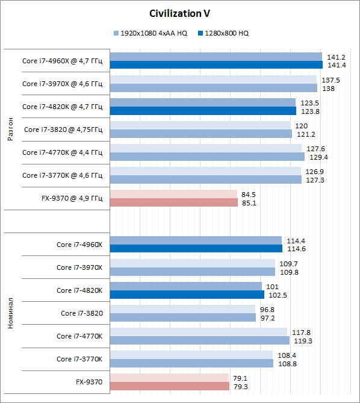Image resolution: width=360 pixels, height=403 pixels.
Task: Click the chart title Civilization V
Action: (x=179, y=13)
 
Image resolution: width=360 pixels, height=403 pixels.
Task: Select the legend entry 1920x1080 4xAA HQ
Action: (x=151, y=33)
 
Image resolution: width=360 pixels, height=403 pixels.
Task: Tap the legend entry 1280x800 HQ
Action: (x=223, y=33)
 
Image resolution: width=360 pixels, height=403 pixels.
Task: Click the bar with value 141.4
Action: (x=216, y=65)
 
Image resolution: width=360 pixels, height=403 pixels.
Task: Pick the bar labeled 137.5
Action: (x=213, y=80)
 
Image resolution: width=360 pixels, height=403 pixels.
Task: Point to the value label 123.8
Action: (x=310, y=111)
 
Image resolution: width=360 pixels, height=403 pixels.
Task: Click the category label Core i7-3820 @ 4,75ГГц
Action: (x=63, y=130)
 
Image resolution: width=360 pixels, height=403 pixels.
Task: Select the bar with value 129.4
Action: (x=207, y=157)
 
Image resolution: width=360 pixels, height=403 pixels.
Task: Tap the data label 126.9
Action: (x=314, y=172)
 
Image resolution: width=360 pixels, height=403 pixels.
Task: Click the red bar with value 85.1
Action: (x=174, y=202)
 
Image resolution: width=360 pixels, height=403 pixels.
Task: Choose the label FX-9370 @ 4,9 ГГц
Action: (x=72, y=198)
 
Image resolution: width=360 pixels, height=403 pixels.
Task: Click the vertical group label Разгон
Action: (x=10, y=129)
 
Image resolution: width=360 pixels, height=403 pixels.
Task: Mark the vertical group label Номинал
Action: (x=10, y=313)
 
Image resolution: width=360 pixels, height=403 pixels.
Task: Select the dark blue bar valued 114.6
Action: (x=196, y=248)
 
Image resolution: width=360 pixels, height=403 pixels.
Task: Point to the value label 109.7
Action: (x=288, y=264)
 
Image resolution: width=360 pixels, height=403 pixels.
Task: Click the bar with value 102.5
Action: (x=187, y=295)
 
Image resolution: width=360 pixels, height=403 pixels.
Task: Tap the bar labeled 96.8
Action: (x=182, y=309)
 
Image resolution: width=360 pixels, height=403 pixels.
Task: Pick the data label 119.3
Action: (x=303, y=341)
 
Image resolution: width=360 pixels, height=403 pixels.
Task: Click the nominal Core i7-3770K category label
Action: (x=79, y=359)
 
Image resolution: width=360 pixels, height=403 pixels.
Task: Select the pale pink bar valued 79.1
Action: (x=169, y=378)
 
